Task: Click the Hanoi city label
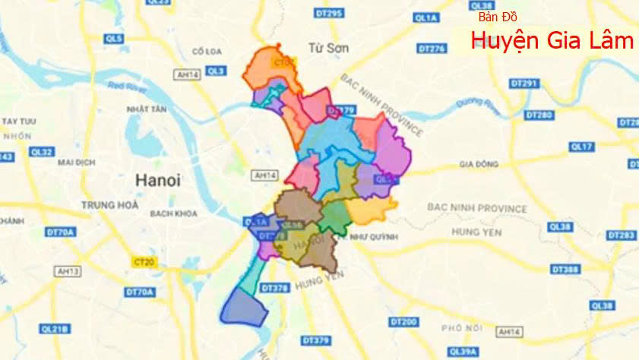[x=158, y=181]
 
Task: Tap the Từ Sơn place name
[x=328, y=48]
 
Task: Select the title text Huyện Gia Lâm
[x=552, y=40]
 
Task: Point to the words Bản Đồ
[x=498, y=17]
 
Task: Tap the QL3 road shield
[x=217, y=71]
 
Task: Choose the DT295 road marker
[x=329, y=13]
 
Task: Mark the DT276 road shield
[x=431, y=49]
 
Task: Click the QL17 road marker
[x=581, y=146]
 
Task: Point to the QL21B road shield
[x=55, y=329]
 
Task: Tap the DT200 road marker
[x=403, y=322]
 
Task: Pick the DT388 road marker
[x=565, y=269]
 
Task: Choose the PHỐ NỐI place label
[x=462, y=327]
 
